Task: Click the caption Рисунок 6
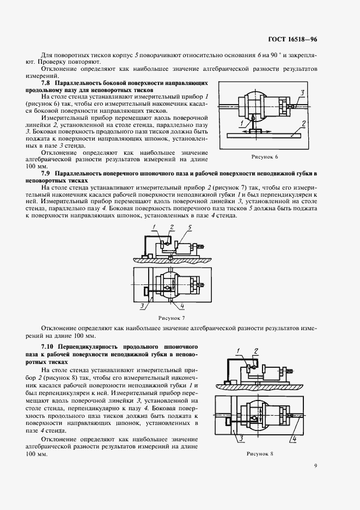coord(264,156)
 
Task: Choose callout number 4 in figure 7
coord(182,306)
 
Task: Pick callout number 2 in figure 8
coord(256,350)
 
